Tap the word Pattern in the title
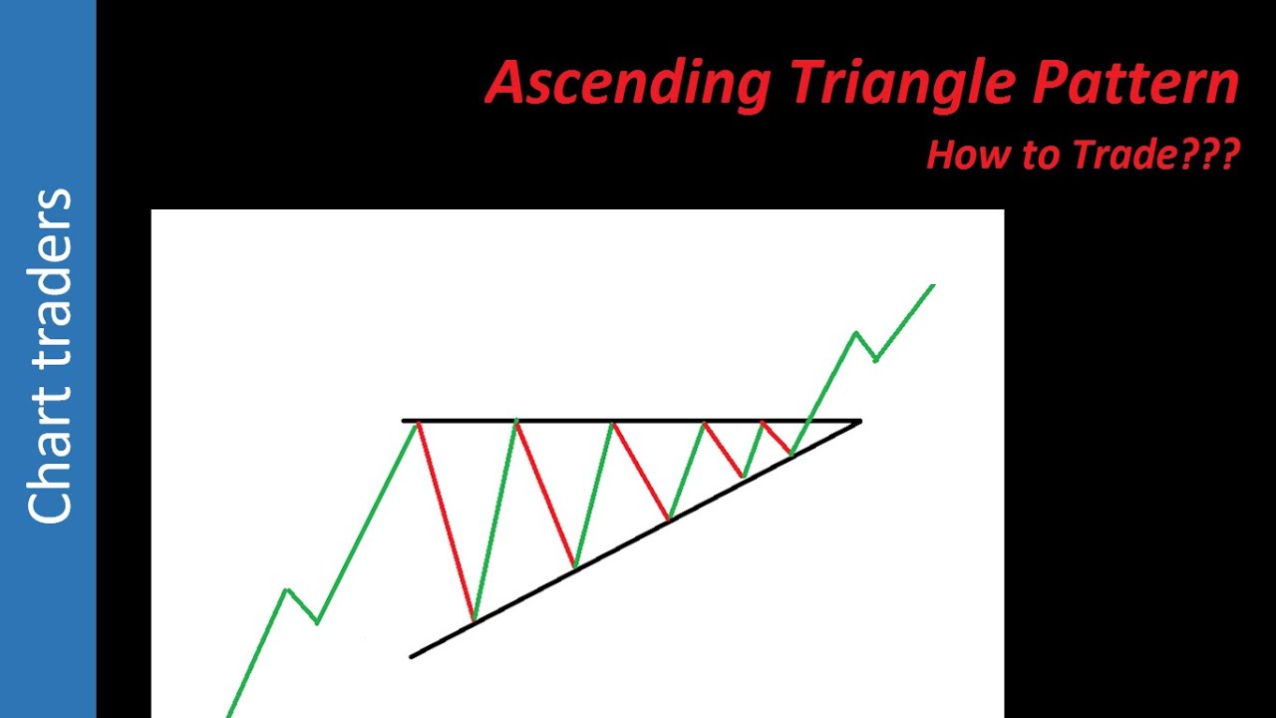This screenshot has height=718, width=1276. pyautogui.click(x=1136, y=83)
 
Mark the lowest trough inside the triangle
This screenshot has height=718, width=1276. pyautogui.click(x=474, y=621)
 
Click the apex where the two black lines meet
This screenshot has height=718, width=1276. pyautogui.click(x=859, y=422)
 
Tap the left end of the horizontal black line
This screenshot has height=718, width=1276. pyautogui.click(x=404, y=421)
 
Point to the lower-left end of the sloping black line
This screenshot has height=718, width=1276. pyautogui.click(x=412, y=656)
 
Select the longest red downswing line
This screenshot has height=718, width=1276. pyautogui.click(x=446, y=522)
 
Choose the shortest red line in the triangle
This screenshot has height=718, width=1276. pyautogui.click(x=777, y=438)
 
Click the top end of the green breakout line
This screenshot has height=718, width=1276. pyautogui.click(x=933, y=286)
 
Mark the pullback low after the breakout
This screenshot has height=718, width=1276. pyautogui.click(x=875, y=360)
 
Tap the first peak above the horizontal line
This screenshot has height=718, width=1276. pyautogui.click(x=856, y=332)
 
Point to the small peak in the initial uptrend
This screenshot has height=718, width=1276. pyautogui.click(x=287, y=589)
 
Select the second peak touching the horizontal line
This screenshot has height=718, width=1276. pyautogui.click(x=516, y=422)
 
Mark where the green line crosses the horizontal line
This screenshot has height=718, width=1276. pyautogui.click(x=809, y=421)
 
